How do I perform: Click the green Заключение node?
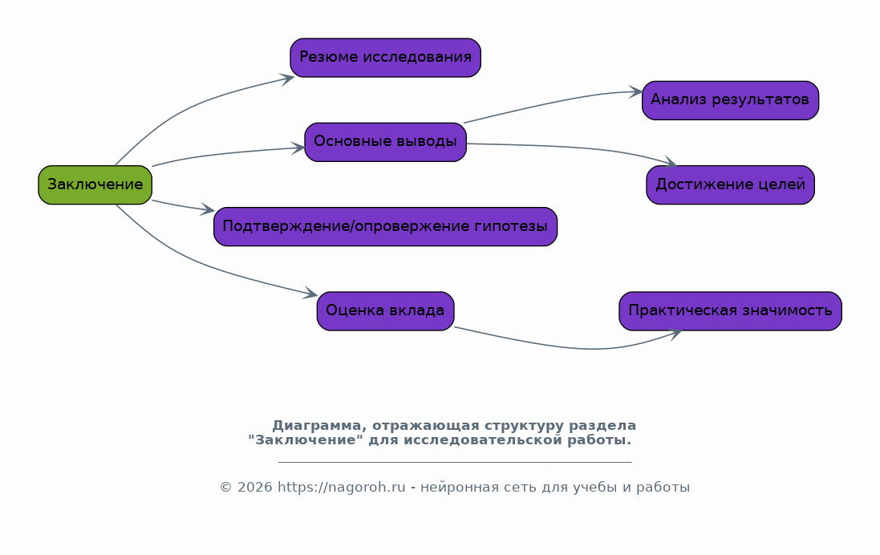95,184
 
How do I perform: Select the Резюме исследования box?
386,58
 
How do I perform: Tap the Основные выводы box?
386,142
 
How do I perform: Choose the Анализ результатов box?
730,100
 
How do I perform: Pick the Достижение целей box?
730,184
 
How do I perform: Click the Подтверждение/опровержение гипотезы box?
386,227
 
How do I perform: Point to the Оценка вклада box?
386,311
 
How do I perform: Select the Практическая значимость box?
730,311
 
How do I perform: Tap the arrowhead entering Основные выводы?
298,148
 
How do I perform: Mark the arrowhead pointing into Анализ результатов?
636,92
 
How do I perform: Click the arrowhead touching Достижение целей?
670,162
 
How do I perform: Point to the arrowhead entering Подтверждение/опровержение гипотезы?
208,210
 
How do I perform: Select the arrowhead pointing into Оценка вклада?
310,293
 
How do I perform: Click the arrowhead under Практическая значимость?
675,334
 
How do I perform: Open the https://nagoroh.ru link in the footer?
341,487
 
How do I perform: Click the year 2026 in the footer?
255,487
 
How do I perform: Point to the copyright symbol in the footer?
225,487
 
